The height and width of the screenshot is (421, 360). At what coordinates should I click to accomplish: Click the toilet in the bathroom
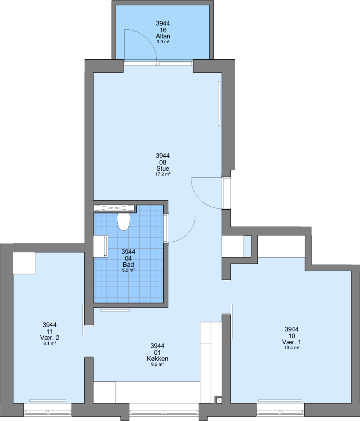(124, 222)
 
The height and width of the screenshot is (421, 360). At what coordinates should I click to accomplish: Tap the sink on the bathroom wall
(101, 246)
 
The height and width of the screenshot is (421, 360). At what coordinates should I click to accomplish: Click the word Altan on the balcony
(163, 36)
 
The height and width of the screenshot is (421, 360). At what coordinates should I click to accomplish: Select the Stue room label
(163, 169)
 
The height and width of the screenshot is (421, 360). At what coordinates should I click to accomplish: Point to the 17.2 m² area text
(163, 174)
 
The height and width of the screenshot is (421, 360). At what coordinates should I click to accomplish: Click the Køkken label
(158, 359)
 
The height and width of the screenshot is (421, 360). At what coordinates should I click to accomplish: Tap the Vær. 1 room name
(291, 342)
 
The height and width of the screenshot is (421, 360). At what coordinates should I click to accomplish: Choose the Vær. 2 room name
(50, 338)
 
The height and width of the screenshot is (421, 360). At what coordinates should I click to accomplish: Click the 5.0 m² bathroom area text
(128, 271)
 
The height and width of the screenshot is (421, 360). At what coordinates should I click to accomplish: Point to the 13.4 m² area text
(292, 348)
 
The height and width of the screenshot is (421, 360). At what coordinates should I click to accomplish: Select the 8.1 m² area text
(50, 343)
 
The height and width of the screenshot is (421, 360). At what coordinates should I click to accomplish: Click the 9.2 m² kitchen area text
(158, 364)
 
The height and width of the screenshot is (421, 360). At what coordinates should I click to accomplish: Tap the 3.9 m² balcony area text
(163, 42)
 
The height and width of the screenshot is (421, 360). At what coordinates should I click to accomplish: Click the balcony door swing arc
(147, 37)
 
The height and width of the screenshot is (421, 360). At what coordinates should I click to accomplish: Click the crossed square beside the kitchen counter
(219, 400)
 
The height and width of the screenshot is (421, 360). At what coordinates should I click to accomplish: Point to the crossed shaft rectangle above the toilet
(113, 208)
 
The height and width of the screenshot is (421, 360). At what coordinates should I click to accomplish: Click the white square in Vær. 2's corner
(24, 263)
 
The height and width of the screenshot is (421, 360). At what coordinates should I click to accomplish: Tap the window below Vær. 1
(280, 409)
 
